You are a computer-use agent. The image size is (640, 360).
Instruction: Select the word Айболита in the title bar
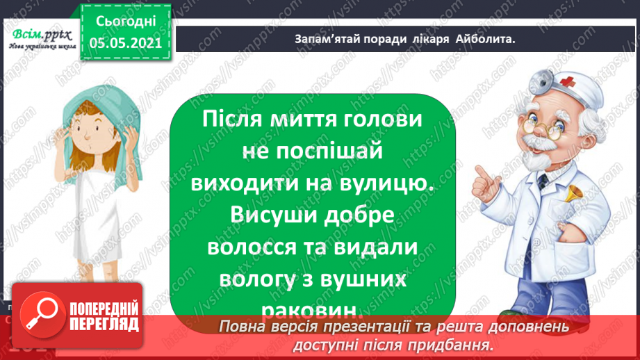pos(486,39)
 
